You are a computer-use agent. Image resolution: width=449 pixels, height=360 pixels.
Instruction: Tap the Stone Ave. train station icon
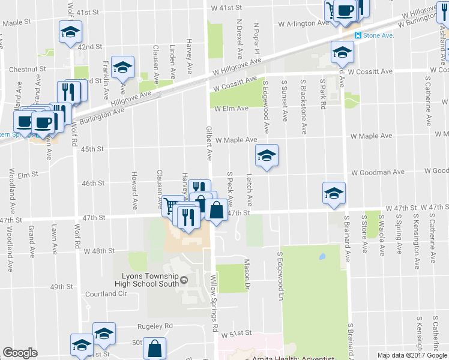359,35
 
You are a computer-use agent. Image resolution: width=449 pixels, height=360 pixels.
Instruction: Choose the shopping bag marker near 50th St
155,349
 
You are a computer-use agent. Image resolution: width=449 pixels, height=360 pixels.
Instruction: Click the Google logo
20,353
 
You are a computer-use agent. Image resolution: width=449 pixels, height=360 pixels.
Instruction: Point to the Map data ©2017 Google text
412,355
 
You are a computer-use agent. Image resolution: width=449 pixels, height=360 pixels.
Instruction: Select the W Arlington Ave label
304,23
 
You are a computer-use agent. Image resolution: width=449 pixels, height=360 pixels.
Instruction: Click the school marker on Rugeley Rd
103,335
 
